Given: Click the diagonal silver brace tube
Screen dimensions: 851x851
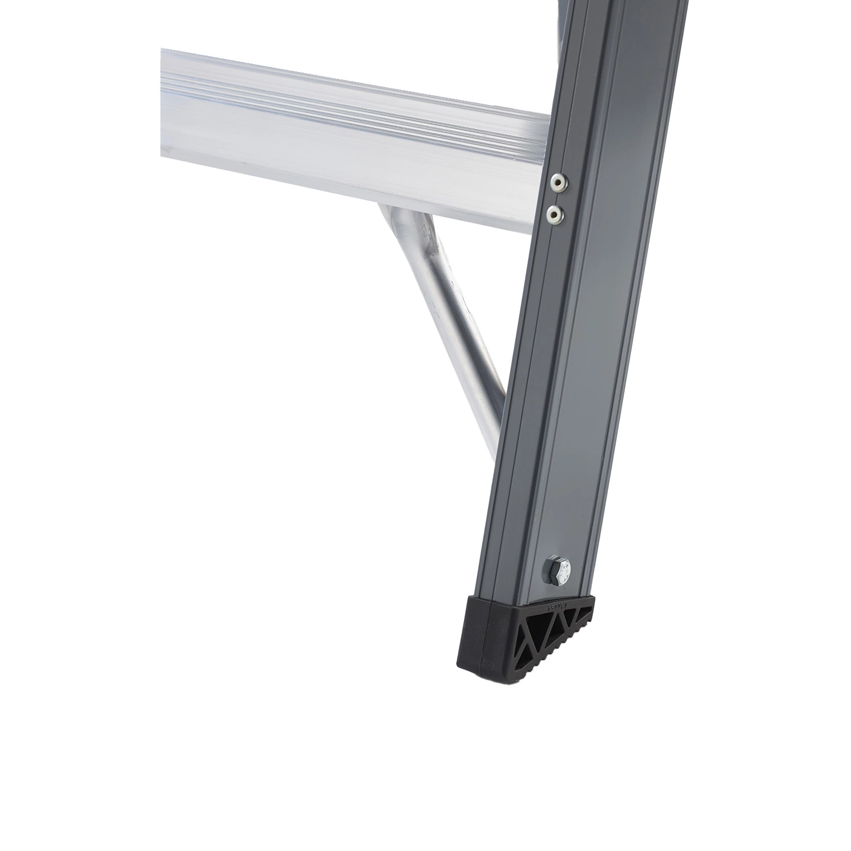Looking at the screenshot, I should pos(448,318).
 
